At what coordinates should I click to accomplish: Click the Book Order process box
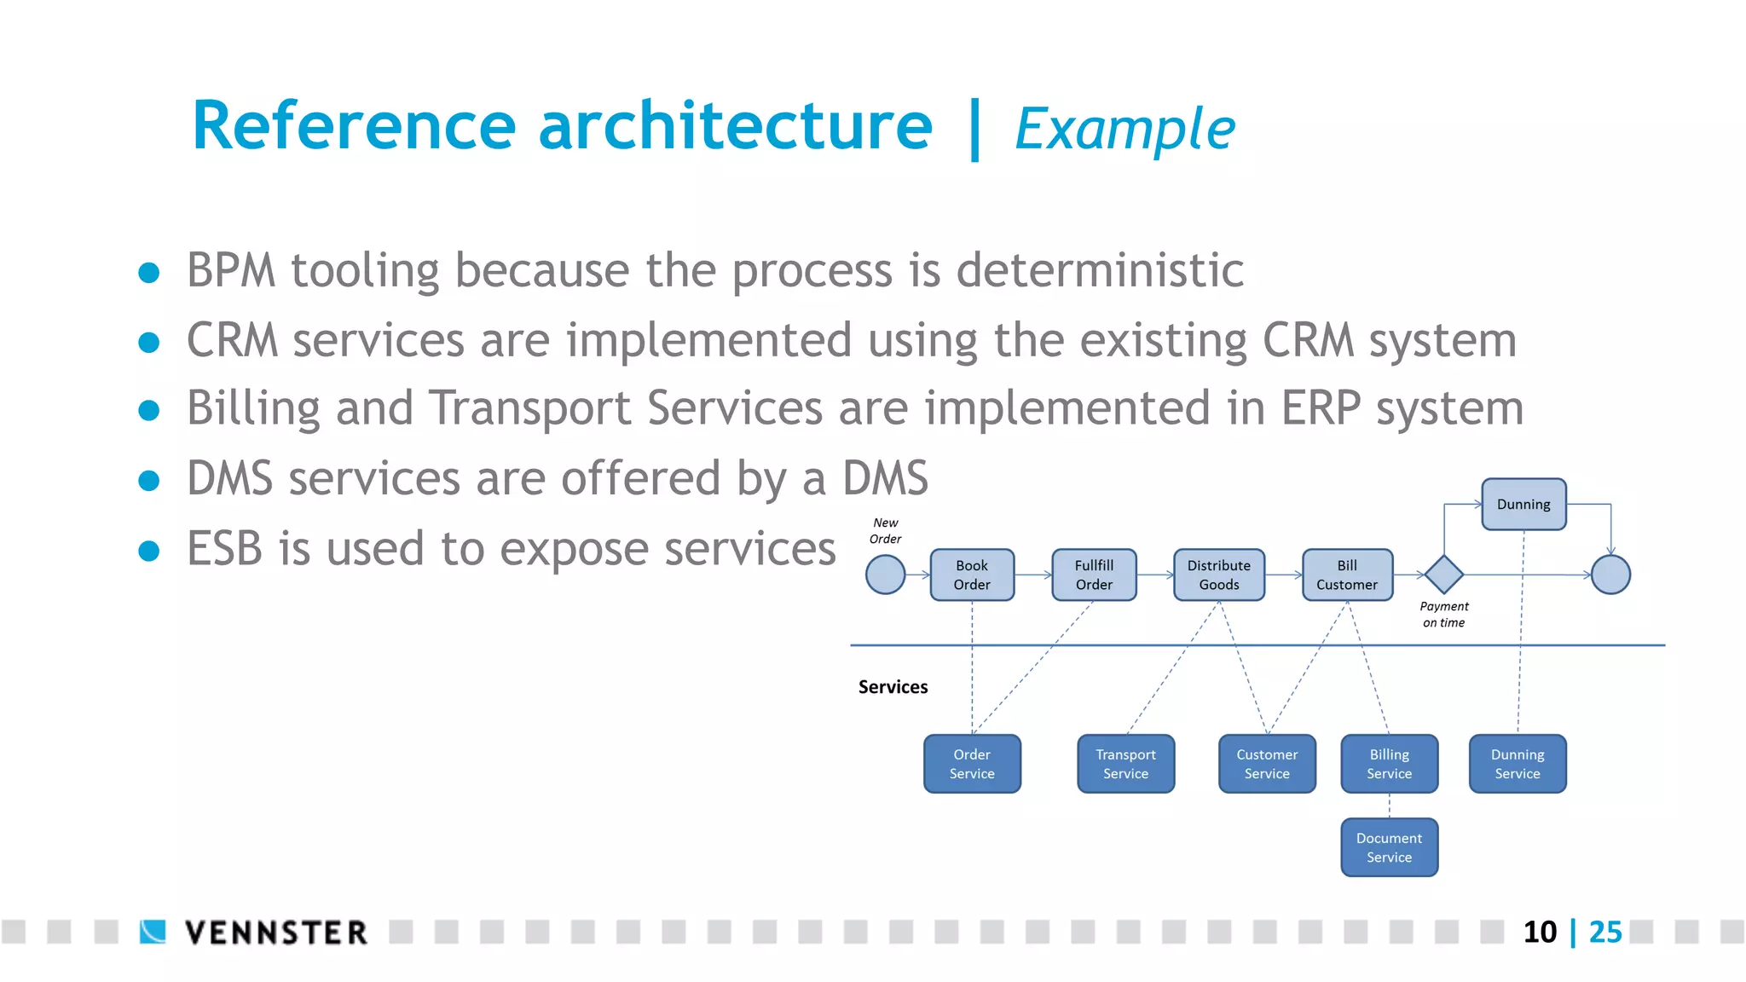click(972, 575)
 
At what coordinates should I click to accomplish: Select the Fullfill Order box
click(1094, 575)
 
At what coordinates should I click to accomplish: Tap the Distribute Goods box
click(1219, 575)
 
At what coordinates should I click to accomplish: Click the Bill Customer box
click(1347, 575)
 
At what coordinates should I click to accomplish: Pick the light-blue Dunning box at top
click(1523, 505)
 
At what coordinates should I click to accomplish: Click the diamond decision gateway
click(1444, 575)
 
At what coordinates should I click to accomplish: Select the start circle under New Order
click(886, 575)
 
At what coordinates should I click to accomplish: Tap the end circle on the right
click(1610, 575)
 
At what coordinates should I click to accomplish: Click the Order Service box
click(972, 764)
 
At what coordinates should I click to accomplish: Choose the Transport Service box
click(1125, 764)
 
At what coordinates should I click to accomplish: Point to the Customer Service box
click(1267, 764)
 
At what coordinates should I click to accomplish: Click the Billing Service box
click(1390, 764)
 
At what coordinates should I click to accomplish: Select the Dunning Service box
click(1518, 764)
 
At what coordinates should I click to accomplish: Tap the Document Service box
click(1390, 847)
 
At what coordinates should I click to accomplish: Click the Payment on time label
click(1444, 615)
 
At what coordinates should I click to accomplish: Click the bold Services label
click(893, 687)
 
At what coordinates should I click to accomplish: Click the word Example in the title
click(1124, 130)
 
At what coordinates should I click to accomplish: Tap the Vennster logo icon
click(153, 932)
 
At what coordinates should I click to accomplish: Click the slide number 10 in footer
click(1540, 932)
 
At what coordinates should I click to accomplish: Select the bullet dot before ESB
click(149, 551)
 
